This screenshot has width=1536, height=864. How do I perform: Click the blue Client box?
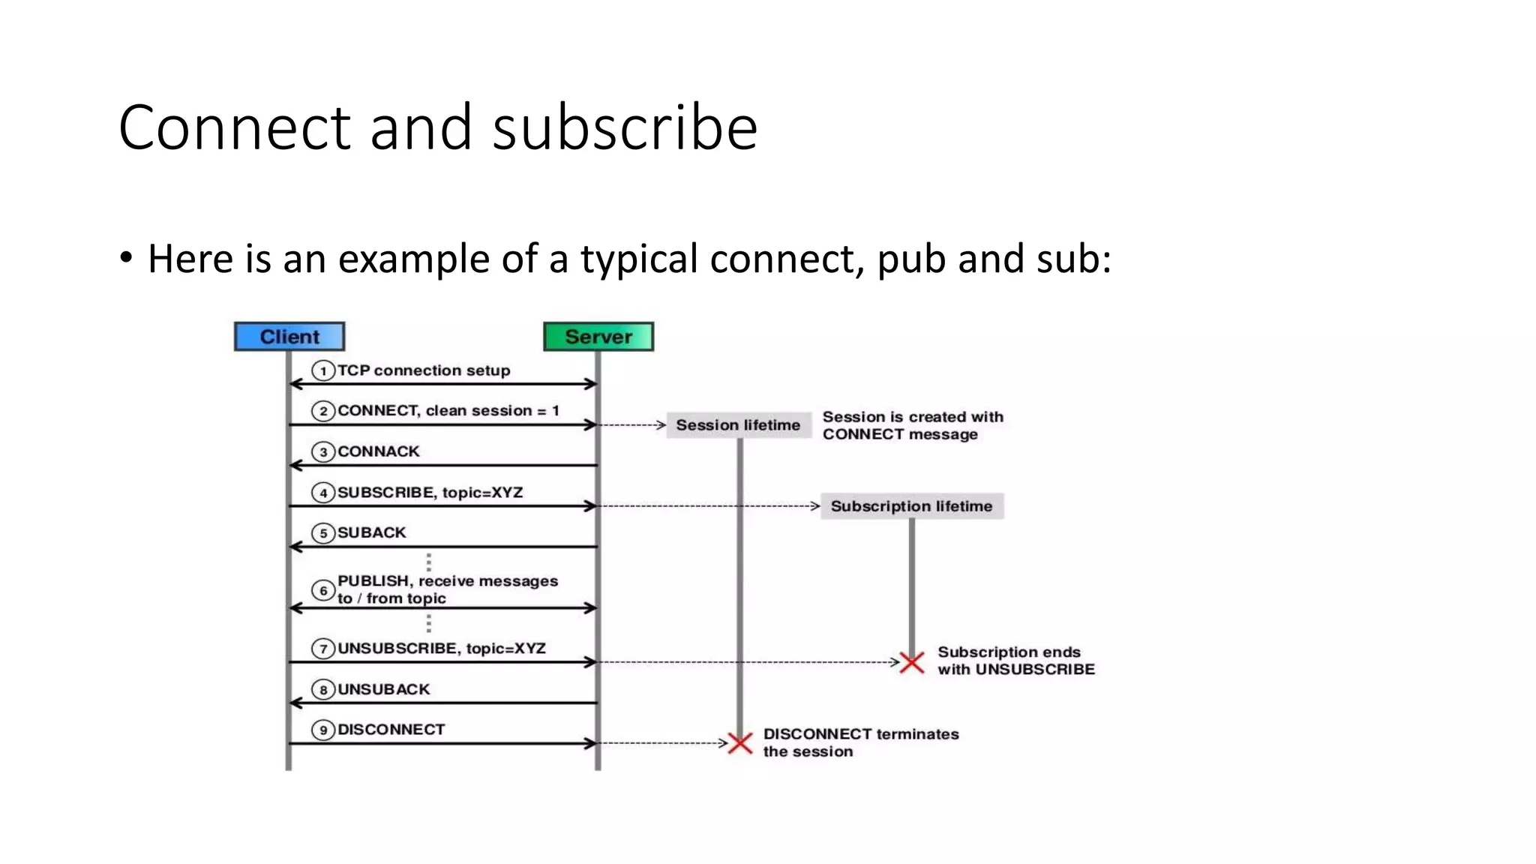pos(289,337)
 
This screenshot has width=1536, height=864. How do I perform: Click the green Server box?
pos(598,337)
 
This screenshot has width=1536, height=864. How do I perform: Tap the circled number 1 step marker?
pos(322,370)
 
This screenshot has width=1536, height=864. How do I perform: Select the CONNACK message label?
pos(378,451)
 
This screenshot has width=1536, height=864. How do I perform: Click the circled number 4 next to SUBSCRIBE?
pos(322,493)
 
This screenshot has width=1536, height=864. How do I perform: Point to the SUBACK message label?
pos(371,532)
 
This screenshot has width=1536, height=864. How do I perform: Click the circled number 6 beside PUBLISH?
pos(322,590)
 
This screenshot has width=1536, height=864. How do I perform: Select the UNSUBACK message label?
pos(383,689)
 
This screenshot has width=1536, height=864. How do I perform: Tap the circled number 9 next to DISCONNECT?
pos(322,730)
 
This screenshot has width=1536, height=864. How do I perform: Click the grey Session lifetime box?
pos(738,425)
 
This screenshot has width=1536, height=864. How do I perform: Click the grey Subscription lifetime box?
pos(911,506)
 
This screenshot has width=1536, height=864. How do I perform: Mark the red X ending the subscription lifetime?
pos(912,662)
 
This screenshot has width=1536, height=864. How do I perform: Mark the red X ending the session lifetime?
pos(740,743)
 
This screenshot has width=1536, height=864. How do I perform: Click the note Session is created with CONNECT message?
pos(912,425)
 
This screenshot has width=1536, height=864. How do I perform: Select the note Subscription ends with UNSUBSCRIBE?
pos(1015,661)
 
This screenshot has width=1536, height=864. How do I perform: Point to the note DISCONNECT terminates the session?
pos(860,742)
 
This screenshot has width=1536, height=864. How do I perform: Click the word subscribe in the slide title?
pos(625,127)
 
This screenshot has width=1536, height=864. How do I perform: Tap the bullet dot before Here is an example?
pos(126,258)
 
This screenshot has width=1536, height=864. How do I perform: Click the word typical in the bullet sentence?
pos(639,259)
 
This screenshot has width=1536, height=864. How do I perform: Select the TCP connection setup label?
pos(423,370)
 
